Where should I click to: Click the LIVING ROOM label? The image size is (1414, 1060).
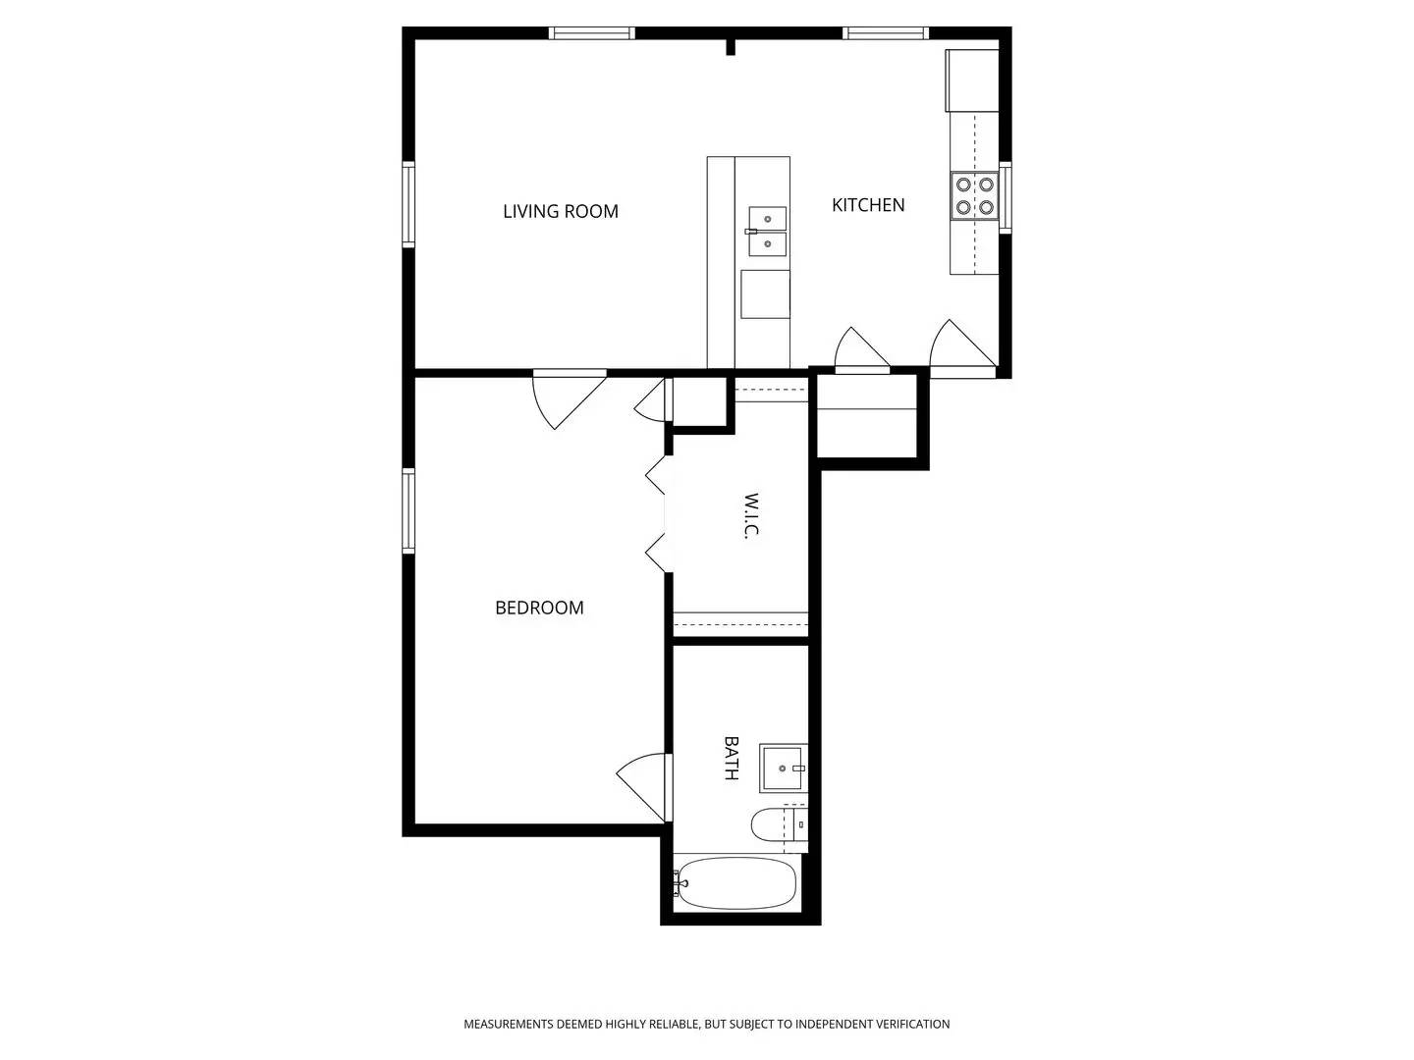560,211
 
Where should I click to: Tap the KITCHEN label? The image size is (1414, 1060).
868,205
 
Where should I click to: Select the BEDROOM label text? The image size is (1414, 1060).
539,609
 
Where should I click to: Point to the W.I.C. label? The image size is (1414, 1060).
751,516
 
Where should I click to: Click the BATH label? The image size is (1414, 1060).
731,758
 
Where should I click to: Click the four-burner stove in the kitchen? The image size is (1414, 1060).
974,195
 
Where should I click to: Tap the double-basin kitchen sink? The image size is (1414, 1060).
767,232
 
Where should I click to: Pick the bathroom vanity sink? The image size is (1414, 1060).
784,768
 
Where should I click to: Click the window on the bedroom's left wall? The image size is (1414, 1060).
408,511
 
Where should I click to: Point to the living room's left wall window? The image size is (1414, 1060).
408,204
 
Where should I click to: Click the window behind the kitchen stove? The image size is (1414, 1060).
1005,196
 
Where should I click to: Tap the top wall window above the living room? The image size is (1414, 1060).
591,33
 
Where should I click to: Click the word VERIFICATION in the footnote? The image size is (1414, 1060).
909,1025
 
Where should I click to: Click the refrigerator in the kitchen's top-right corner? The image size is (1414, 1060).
972,80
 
